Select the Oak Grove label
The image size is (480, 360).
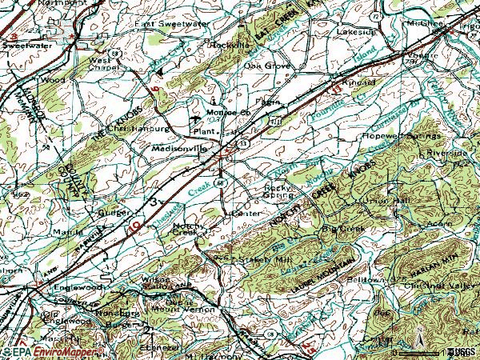click(x=266, y=66)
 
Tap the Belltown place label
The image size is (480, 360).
click(x=364, y=279)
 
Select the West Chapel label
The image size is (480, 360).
click(x=103, y=64)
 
